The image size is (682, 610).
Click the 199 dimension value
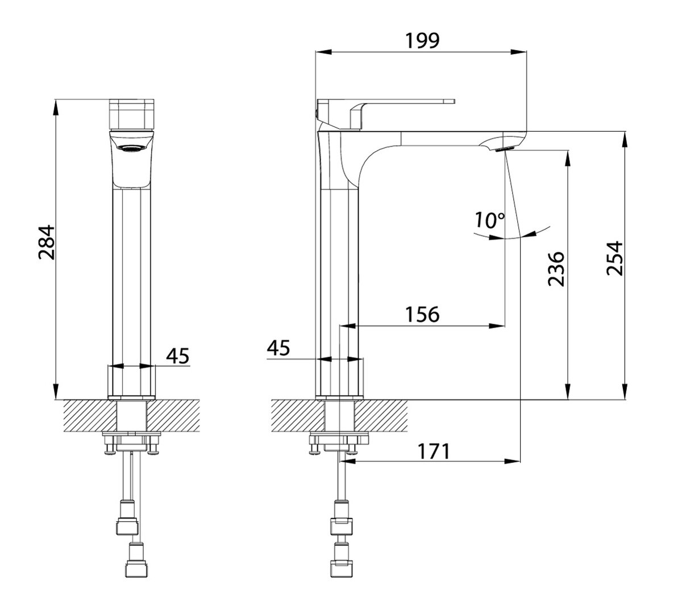coord(422,41)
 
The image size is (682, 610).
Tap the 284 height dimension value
coord(47,243)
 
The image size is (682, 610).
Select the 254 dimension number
coord(615,258)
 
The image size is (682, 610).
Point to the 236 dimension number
coord(556,269)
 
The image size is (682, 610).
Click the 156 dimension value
coord(422,314)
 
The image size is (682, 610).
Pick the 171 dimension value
coord(434,452)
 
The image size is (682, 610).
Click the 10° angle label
coord(490,220)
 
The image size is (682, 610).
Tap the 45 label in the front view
coord(178,356)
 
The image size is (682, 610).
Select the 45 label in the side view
coord(278,348)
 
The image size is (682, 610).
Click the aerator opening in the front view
coord(132,148)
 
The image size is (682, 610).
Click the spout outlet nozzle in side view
coord(505,148)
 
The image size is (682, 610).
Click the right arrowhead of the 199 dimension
coord(518,52)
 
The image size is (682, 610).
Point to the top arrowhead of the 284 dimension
coord(56,108)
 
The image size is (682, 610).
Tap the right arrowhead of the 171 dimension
coord(512,461)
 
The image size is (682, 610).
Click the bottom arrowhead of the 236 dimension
coord(568,392)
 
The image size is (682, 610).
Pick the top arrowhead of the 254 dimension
coord(625,140)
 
